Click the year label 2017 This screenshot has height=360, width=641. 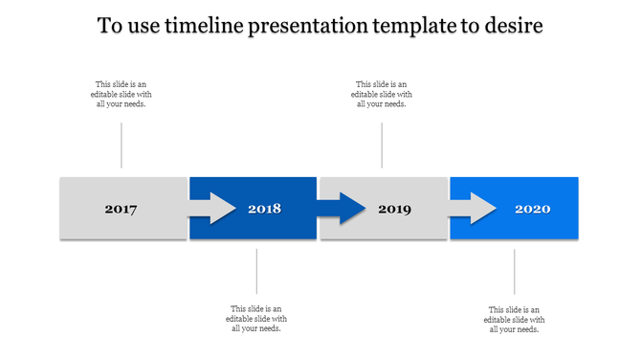122,209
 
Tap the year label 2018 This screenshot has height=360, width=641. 264,209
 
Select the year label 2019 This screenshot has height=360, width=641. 395,209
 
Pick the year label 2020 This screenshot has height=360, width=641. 532,209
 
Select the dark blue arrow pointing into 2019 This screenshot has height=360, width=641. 343,208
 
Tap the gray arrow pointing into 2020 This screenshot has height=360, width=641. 473,208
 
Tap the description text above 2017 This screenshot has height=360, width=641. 122,95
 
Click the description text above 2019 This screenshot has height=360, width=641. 382,95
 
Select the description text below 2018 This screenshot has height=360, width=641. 256,319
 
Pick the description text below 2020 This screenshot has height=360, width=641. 515,320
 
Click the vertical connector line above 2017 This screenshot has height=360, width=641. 122,145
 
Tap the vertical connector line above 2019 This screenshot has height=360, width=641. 382,145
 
